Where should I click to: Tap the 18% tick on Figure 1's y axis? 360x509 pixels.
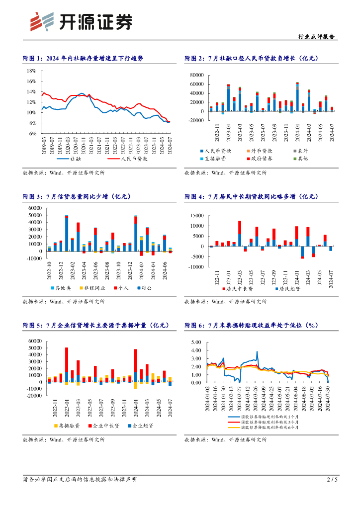(32, 71)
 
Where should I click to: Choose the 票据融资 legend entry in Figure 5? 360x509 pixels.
(68, 426)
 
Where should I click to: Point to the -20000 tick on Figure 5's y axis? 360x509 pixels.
(34, 396)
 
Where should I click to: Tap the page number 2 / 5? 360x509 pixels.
(332, 480)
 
